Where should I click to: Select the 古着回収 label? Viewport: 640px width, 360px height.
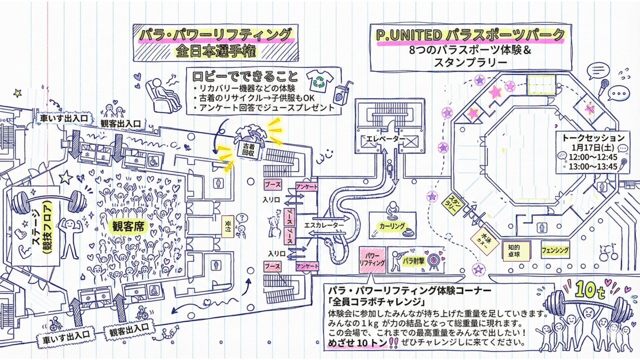tap(248, 150)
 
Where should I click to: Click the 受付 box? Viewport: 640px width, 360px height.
tap(227, 227)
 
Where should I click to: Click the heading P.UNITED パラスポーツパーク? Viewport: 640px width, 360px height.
tap(470, 35)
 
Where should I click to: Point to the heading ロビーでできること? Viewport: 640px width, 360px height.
tap(244, 76)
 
